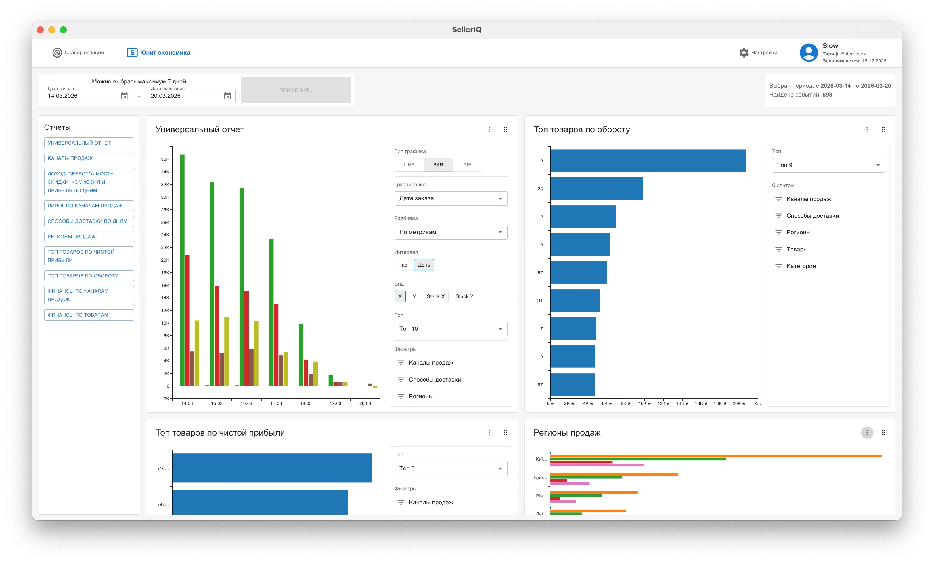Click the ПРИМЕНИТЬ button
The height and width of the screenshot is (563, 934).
[296, 90]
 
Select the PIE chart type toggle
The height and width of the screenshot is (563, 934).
[467, 165]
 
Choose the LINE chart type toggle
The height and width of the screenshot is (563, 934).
[409, 165]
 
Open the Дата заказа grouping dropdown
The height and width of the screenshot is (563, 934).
[451, 198]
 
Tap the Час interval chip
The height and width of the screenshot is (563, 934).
[403, 265]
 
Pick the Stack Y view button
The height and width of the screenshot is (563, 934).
[464, 296]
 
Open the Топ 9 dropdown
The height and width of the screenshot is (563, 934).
[828, 165]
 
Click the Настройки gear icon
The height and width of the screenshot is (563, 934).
[744, 53]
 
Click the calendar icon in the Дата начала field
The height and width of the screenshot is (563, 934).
[124, 96]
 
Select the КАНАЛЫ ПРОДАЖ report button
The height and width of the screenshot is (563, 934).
[89, 158]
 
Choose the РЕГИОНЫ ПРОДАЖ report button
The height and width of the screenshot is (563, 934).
[89, 237]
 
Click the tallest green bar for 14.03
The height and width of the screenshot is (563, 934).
[182, 270]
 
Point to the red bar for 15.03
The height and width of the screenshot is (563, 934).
[217, 336]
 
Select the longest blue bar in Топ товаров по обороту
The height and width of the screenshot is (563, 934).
[648, 161]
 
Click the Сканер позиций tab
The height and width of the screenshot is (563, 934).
[78, 53]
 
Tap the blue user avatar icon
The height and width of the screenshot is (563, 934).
[809, 53]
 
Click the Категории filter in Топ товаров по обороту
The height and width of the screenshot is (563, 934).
[801, 266]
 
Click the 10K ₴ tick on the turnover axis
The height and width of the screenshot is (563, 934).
[644, 403]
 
